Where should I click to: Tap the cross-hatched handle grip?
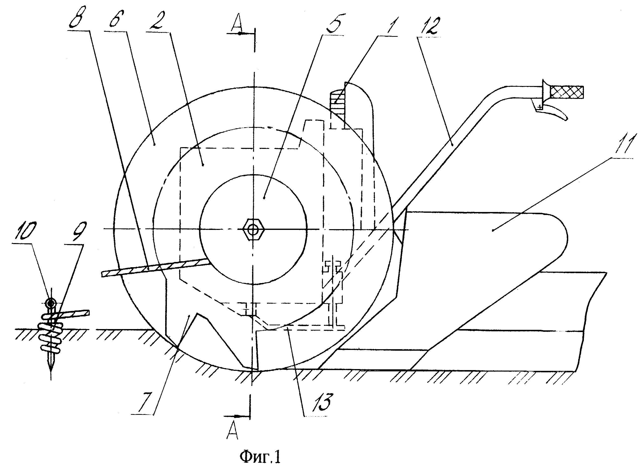tap(567, 93)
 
